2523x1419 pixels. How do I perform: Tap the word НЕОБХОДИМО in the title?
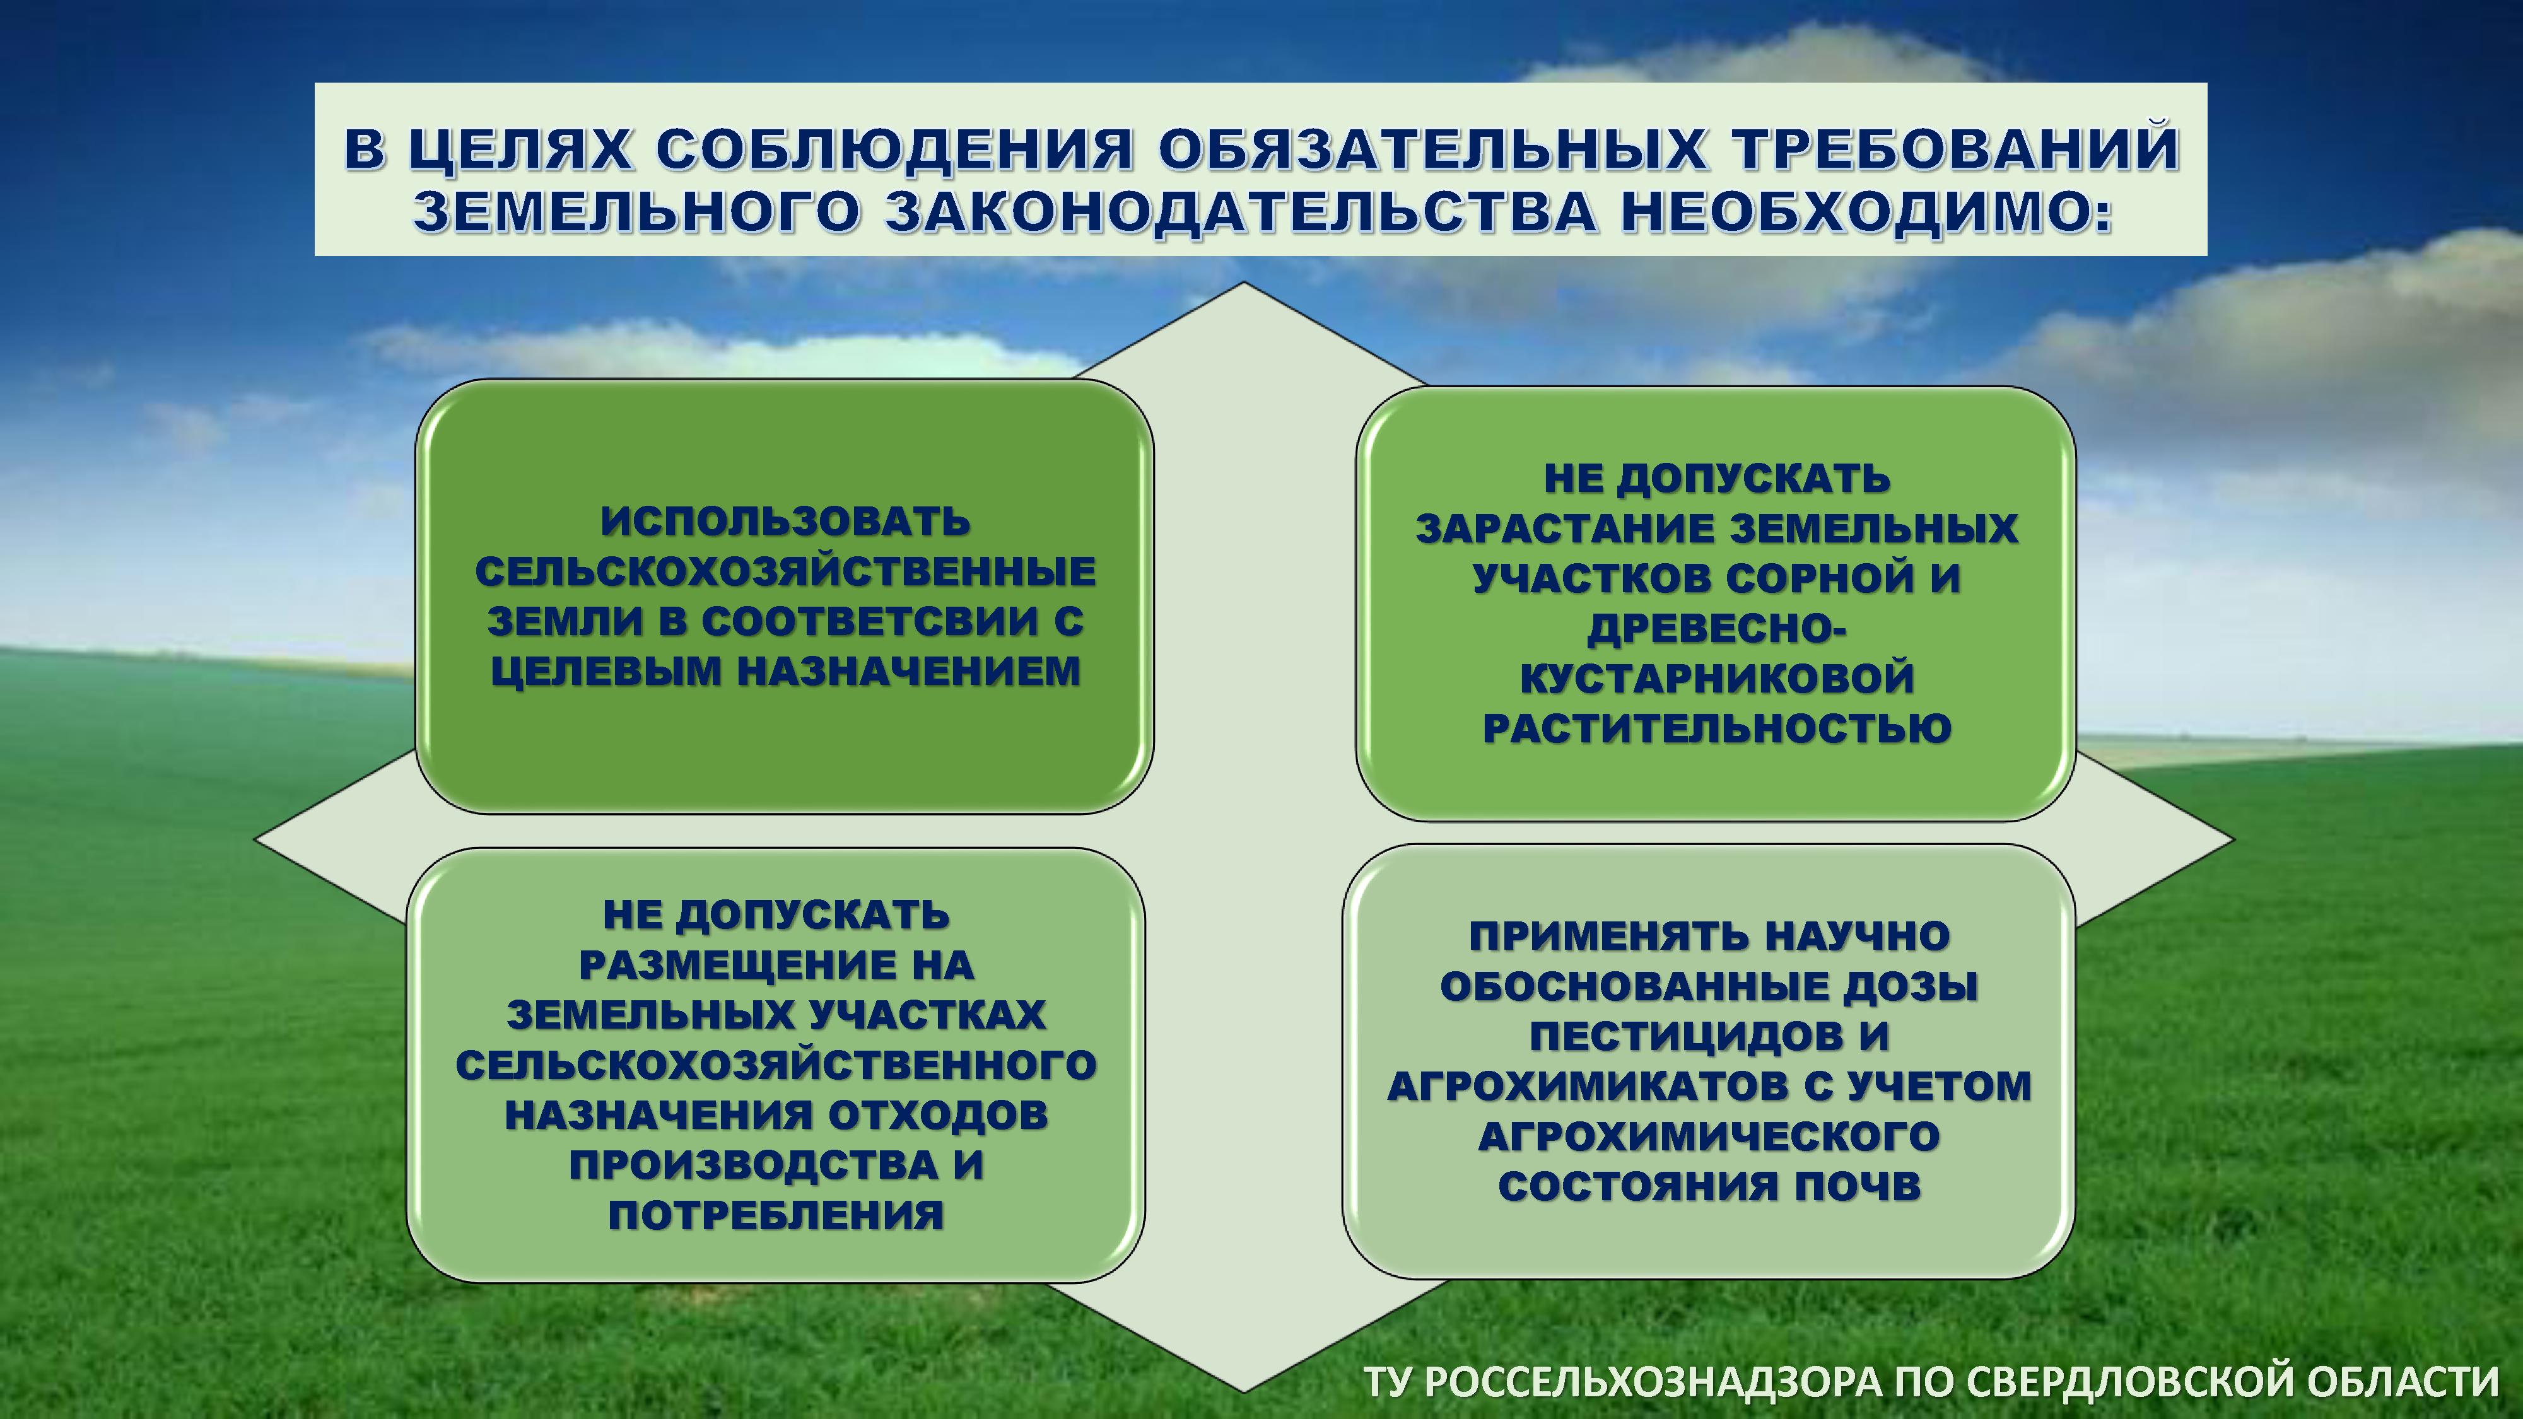1865,214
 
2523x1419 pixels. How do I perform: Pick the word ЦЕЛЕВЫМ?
606,671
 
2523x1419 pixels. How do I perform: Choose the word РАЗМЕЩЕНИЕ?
735,965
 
